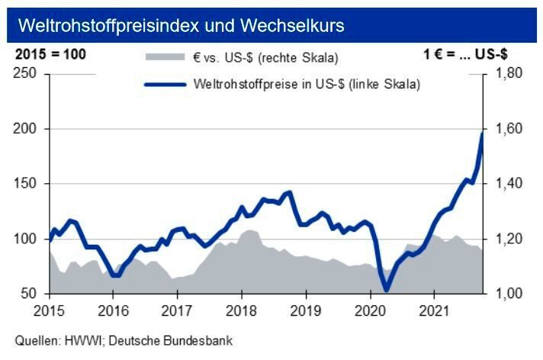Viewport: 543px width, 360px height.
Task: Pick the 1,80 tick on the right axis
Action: coord(506,74)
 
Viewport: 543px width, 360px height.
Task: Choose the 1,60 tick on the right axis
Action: coord(506,129)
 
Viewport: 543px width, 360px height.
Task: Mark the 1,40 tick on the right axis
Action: coord(506,184)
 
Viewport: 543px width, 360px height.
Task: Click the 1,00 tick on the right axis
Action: coord(506,294)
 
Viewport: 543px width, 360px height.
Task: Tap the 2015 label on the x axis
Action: coord(48,311)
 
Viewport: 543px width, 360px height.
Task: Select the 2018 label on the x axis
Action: coord(241,311)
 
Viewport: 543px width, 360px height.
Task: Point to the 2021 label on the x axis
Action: coord(434,311)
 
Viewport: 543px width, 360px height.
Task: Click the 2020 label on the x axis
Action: coord(370,311)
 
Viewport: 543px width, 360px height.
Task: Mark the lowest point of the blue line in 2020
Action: coord(386,290)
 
